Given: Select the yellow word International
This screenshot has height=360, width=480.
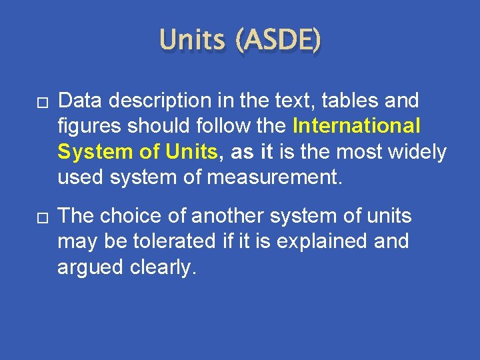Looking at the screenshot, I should coord(357,127).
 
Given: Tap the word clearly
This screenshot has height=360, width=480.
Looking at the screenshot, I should coord(164,267).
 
